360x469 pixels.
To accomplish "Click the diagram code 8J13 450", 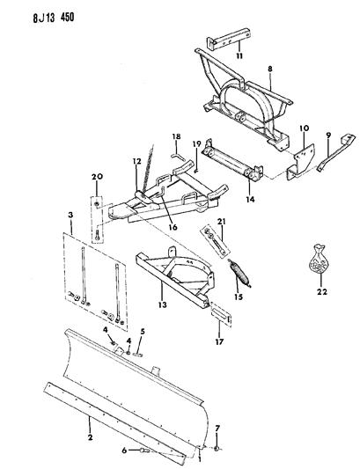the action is pos(53,18).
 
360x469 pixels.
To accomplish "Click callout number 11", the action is pos(239,56).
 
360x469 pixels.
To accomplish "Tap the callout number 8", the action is pos(270,70).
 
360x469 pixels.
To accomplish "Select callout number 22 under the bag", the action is pos(321,291).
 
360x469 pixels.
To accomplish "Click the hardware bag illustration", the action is pos(320,259).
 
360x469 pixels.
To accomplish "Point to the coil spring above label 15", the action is pos(240,273).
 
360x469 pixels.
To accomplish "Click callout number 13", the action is pos(163,304).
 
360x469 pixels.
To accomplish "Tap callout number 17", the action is pos(219,341).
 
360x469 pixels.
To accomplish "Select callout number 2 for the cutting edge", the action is pos(90,437).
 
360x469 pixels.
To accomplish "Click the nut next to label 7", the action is pos(218,448).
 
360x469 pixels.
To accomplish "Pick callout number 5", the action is pos(143,332).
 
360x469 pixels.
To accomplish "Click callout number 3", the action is pos(70,215).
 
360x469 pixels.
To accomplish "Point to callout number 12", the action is pos(136,162).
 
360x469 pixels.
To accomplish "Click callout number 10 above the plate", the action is pos(305,128).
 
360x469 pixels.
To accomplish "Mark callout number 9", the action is pos(328,136).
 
